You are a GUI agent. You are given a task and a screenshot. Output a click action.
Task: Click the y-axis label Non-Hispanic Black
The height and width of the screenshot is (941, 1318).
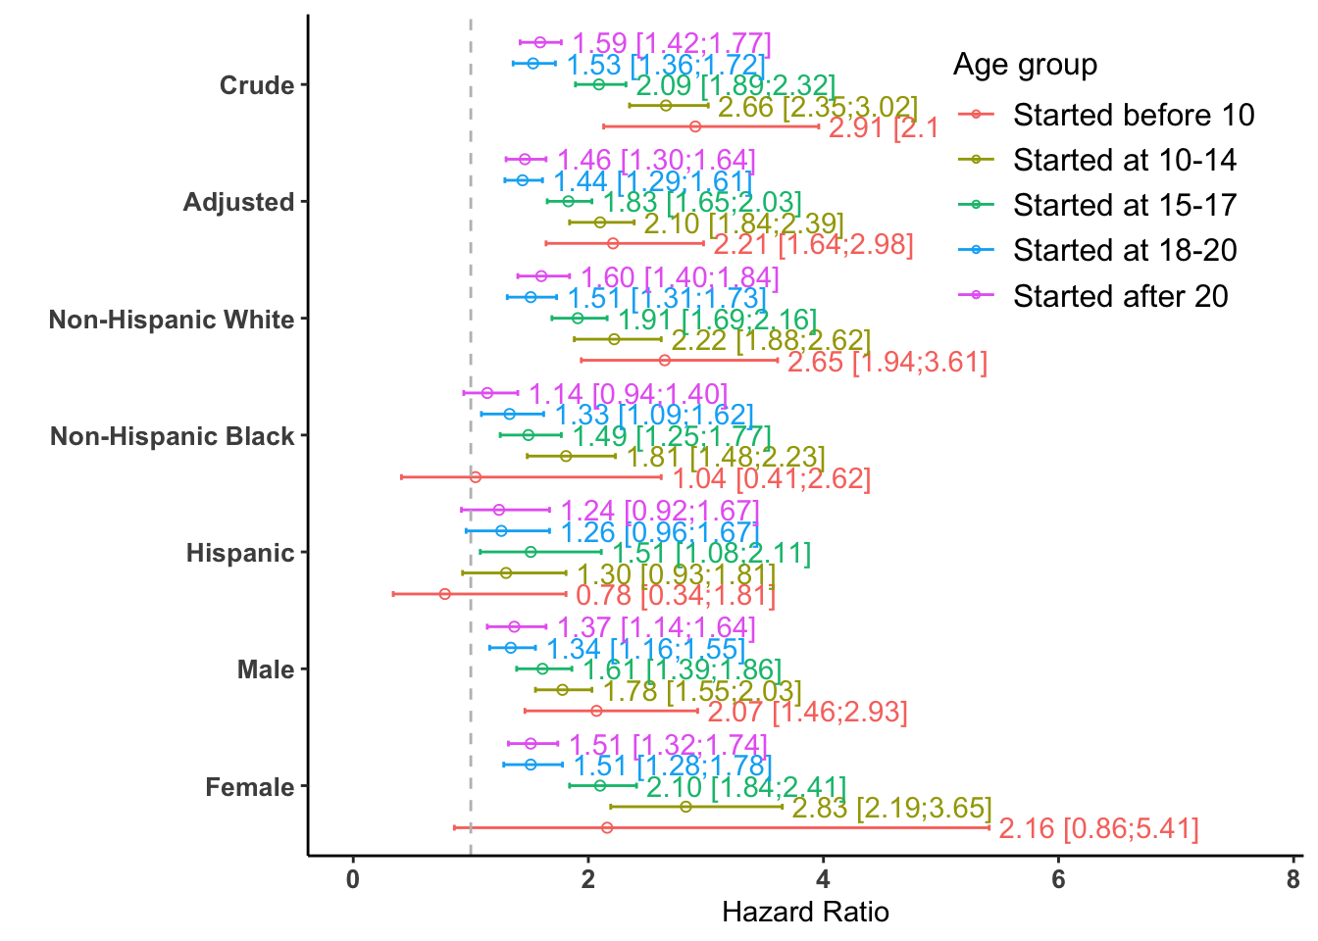(x=173, y=436)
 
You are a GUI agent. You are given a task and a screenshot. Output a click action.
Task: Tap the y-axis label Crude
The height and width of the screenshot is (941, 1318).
(x=257, y=85)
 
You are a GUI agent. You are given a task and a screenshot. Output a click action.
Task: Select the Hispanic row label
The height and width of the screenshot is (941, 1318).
(x=240, y=553)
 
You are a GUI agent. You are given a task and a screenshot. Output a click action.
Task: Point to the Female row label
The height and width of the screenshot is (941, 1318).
(x=250, y=787)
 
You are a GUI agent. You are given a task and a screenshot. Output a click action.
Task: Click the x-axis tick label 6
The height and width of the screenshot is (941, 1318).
(x=1058, y=879)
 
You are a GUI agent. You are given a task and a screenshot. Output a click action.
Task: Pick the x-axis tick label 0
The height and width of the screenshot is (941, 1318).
(x=353, y=879)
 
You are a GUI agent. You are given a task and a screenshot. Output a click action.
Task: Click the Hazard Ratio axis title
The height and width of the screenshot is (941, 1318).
(x=805, y=913)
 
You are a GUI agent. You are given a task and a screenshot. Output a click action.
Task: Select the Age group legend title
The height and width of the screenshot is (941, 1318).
(x=1025, y=65)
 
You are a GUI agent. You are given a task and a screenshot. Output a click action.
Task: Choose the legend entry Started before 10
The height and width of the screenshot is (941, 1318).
(x=1134, y=116)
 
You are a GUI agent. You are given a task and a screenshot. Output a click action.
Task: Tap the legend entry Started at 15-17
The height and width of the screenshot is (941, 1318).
(x=1125, y=206)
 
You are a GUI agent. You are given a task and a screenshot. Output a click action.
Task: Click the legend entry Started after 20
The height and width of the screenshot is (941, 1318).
(x=1120, y=296)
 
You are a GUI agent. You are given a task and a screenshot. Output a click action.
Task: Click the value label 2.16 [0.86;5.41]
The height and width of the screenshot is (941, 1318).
(x=1098, y=829)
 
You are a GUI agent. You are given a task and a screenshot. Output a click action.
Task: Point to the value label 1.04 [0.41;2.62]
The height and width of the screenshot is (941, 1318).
(x=772, y=478)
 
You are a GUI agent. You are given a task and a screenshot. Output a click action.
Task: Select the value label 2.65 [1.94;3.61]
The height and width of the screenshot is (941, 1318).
(x=887, y=363)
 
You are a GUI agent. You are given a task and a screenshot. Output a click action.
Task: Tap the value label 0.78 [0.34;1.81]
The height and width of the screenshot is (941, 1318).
(x=676, y=595)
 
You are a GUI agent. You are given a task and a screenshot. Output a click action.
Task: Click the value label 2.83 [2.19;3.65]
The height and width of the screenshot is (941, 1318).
(x=891, y=809)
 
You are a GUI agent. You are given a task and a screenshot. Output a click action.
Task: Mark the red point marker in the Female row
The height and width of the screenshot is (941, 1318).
(x=607, y=828)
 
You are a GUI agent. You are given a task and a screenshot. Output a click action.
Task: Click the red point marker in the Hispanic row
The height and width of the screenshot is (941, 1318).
(x=445, y=594)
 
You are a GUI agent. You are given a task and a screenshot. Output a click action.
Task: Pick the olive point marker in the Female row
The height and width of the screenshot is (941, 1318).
(x=685, y=807)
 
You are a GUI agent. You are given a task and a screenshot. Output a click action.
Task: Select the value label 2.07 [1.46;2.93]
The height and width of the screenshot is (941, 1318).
(x=807, y=712)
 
